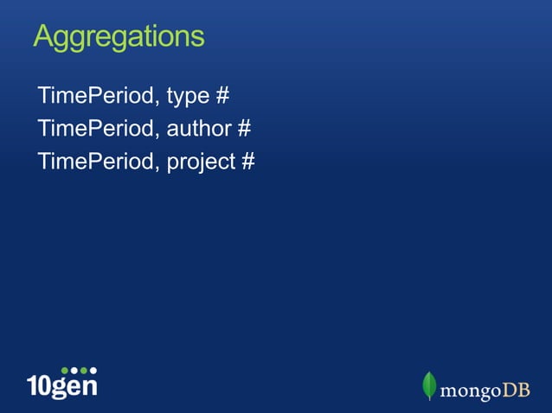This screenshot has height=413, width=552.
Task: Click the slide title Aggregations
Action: pos(119,37)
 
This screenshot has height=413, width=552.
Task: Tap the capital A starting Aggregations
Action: pos(44,36)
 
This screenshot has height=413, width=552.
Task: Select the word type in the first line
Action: pos(187,96)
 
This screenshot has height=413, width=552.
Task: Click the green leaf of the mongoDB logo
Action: pos(428,385)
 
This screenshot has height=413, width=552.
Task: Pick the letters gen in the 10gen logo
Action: pos(74,387)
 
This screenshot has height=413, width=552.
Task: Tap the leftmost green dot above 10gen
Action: pos(65,370)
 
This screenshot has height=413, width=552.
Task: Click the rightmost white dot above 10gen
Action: pos(93,370)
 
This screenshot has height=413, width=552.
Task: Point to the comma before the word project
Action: pos(157,169)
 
